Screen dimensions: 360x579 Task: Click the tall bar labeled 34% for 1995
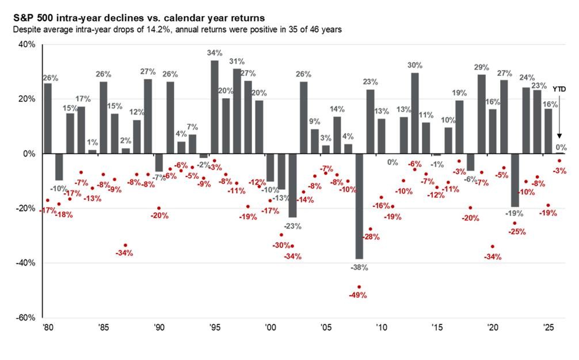(x=215, y=107)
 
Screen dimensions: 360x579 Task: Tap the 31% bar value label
(x=237, y=61)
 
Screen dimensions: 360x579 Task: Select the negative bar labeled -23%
(x=292, y=185)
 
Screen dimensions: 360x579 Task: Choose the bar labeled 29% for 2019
(x=482, y=114)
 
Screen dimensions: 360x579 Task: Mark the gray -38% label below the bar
(x=359, y=267)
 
